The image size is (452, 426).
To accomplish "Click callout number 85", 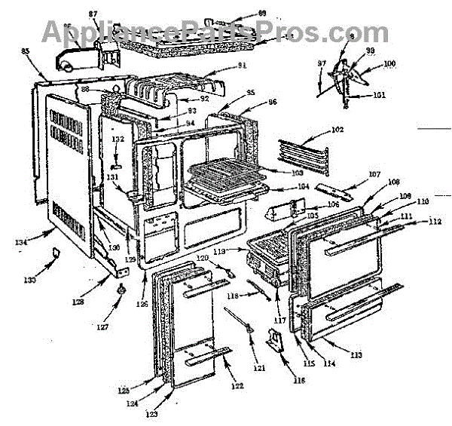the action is click(x=25, y=51).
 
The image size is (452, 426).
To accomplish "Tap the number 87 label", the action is click(x=93, y=14).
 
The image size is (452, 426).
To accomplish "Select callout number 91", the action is click(x=242, y=65).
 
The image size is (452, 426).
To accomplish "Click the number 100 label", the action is click(x=389, y=63).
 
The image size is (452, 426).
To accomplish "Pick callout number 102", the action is click(x=337, y=130).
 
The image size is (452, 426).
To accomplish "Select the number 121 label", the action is click(x=259, y=369).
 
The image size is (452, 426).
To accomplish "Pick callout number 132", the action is click(x=118, y=139).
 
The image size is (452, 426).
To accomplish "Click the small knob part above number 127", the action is click(x=121, y=290).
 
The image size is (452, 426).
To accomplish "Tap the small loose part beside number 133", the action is click(x=55, y=254).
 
